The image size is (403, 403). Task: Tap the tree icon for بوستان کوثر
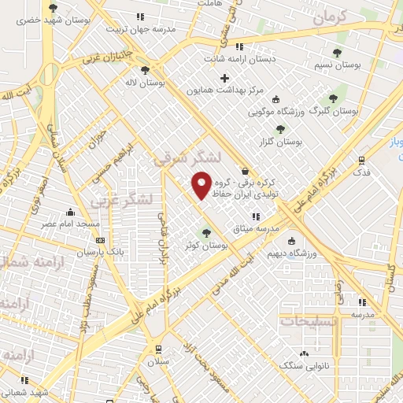coord(206,232)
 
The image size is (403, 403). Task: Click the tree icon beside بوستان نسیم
coord(337,53)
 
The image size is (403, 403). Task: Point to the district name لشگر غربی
coord(115,198)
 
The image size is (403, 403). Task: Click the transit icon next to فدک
coord(362,159)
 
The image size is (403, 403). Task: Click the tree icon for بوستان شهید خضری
coord(54,9)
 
